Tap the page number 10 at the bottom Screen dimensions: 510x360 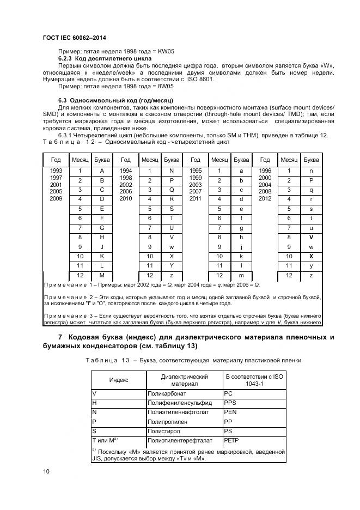[46, 471]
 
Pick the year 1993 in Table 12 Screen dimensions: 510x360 [56, 171]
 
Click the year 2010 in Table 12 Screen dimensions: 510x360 [126, 199]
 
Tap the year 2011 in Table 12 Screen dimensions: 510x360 [196, 199]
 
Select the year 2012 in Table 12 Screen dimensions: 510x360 [265, 199]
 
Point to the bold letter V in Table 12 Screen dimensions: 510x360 [311, 238]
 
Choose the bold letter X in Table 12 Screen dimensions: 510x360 [311, 256]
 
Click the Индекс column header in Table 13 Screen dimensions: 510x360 [119, 380]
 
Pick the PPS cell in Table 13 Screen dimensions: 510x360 [230, 402]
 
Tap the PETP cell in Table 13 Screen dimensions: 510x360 [232, 440]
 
